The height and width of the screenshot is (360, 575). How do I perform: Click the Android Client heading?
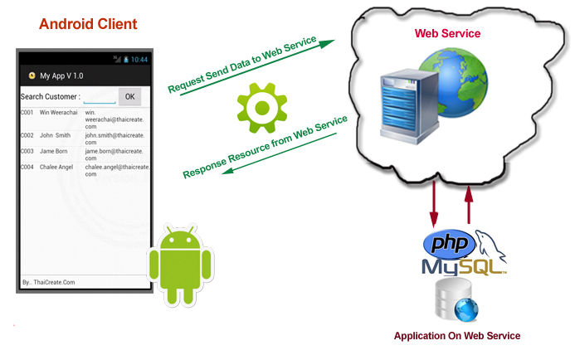(88, 24)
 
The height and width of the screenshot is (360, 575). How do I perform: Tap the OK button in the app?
(129, 97)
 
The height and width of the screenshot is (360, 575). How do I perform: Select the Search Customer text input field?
(100, 98)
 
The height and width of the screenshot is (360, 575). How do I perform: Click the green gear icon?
(262, 108)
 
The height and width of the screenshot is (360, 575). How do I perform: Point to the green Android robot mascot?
(180, 265)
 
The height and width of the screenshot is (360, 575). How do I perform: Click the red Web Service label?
(447, 33)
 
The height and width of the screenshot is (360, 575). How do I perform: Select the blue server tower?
(409, 107)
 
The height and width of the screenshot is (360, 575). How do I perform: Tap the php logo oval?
(449, 244)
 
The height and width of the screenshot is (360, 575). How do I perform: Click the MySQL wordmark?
(464, 266)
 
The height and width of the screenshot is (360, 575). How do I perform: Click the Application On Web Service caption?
(457, 336)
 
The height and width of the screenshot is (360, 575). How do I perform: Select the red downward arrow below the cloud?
(434, 204)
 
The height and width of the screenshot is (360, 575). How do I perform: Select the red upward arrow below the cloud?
(468, 205)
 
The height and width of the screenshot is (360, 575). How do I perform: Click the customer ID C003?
(27, 151)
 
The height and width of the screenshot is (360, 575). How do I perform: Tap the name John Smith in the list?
(55, 135)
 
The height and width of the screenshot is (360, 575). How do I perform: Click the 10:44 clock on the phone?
(139, 60)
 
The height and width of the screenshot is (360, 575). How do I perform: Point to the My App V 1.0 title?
(61, 75)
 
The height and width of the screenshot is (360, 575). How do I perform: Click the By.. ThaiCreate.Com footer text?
(48, 282)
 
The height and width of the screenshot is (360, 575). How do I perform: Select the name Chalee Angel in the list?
(56, 168)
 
